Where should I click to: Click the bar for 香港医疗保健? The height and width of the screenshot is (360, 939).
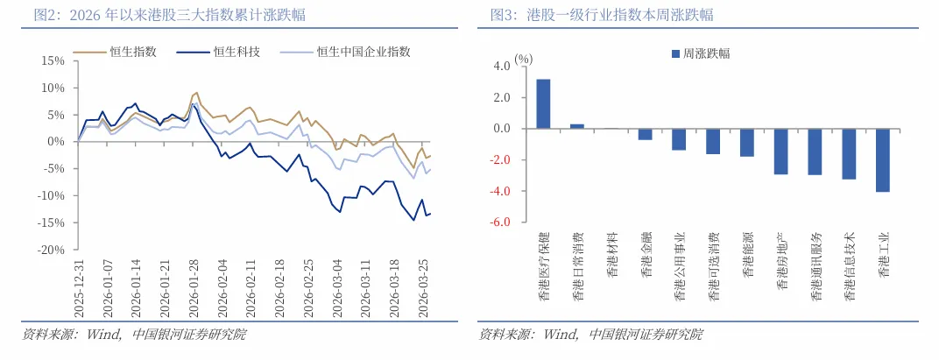pyautogui.click(x=543, y=103)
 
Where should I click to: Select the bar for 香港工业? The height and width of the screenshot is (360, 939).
pyautogui.click(x=882, y=160)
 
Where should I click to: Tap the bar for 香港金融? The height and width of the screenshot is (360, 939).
pyautogui.click(x=645, y=134)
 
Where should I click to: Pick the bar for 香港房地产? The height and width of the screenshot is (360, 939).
pyautogui.click(x=780, y=152)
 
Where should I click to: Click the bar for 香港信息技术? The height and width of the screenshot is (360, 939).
pyautogui.click(x=849, y=154)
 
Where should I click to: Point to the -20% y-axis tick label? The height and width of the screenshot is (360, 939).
pyautogui.click(x=50, y=251)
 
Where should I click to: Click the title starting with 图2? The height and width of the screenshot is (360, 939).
pyautogui.click(x=158, y=15)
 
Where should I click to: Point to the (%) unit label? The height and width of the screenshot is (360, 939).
pyautogui.click(x=524, y=58)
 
